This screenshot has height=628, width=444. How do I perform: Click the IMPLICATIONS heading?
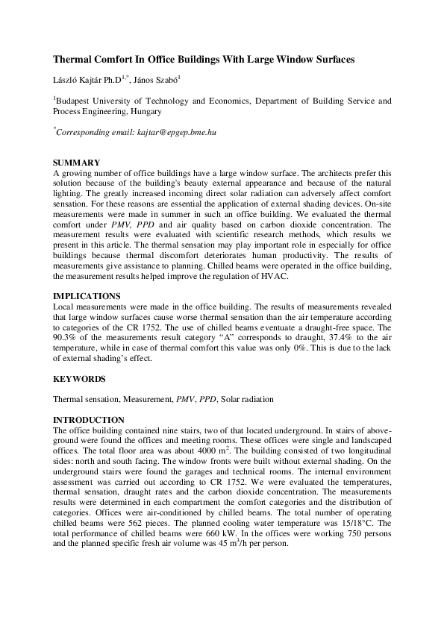coord(86,296)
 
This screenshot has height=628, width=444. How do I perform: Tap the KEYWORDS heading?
coord(79,379)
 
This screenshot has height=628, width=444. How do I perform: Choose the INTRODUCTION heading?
coord(88,420)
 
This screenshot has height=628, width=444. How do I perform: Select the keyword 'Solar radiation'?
coord(247,400)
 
